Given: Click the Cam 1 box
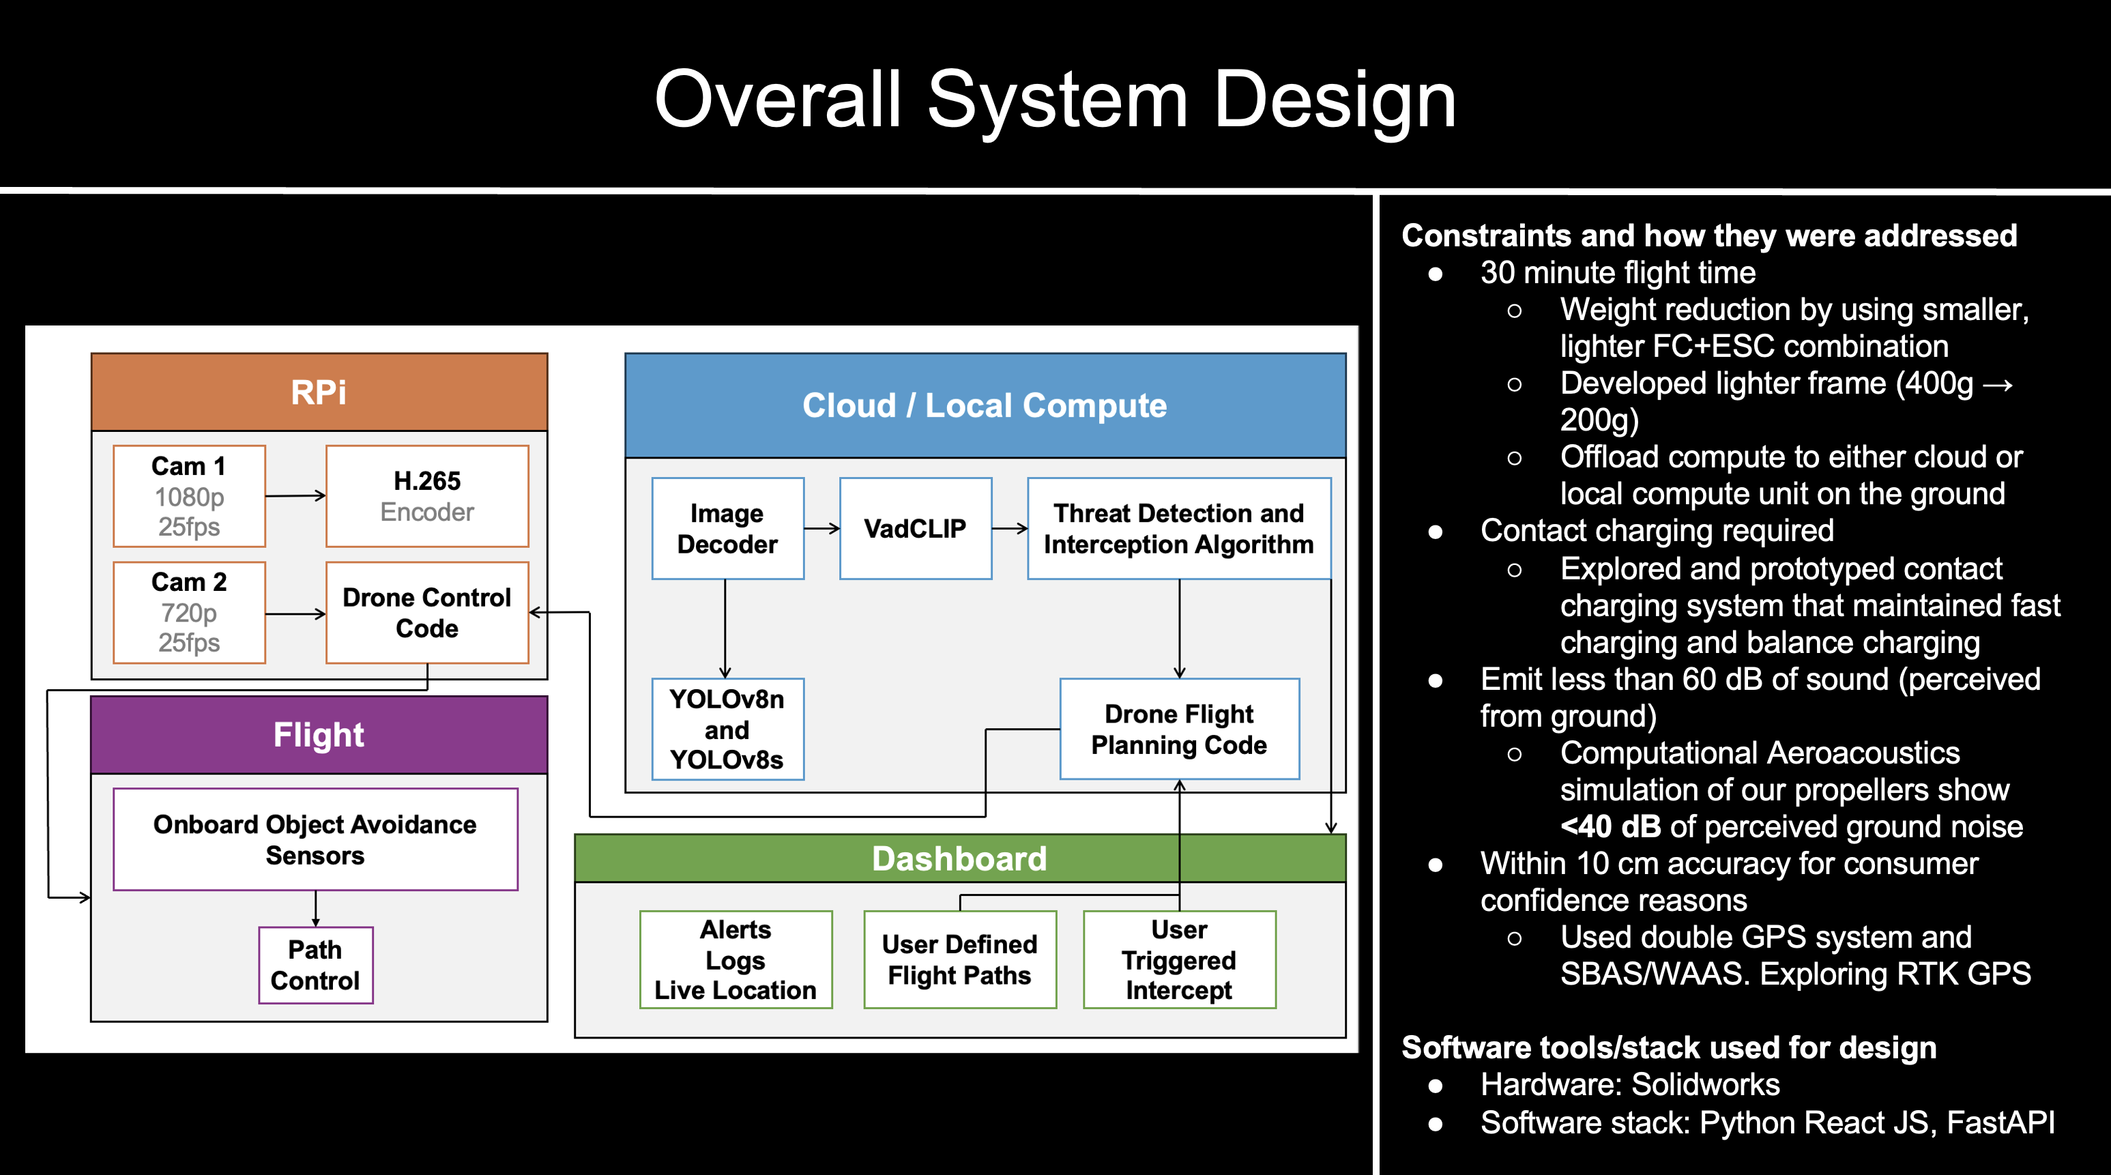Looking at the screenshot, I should coord(189,496).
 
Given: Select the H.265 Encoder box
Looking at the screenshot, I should coord(427,496).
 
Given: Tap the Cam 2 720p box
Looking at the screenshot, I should coord(189,612).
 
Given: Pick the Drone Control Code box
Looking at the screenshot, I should coord(427,612).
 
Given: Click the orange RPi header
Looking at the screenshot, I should coord(319,392).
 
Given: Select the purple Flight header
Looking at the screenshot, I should coord(319,735).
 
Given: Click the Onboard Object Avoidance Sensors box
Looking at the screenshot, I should coord(315,839).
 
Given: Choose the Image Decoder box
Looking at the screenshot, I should coord(727,529).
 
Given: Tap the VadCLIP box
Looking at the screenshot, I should coord(916,529).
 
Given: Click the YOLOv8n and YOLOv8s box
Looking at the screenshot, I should coord(727,729).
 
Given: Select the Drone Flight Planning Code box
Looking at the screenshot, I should coord(1179,729).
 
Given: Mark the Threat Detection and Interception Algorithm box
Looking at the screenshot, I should coord(1178,529).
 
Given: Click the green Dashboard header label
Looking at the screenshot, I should coord(959,858).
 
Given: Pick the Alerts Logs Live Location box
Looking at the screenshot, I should coord(735,959).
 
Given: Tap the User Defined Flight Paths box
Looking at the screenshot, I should coord(959,959).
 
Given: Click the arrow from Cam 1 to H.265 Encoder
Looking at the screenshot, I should coord(295,496).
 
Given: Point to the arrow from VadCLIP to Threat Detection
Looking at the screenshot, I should coord(1010,529).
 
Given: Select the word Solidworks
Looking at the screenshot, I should coord(1705,1085).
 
